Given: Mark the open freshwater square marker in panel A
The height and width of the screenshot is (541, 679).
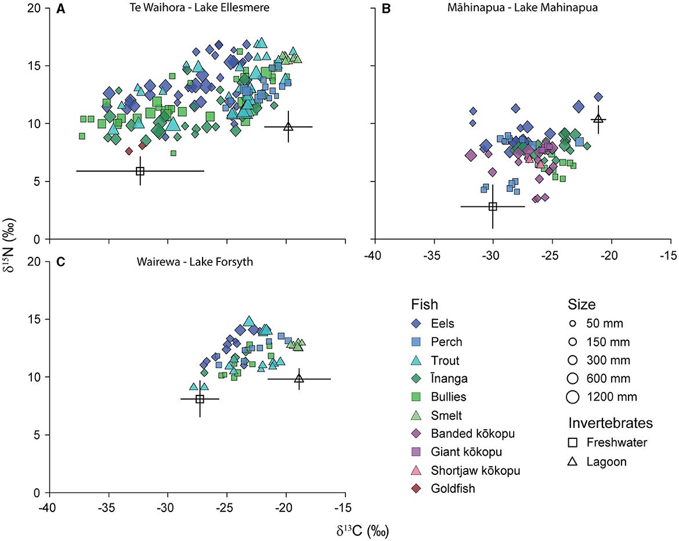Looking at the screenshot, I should [x=140, y=171].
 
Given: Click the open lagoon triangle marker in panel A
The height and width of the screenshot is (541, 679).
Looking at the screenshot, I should [x=288, y=127].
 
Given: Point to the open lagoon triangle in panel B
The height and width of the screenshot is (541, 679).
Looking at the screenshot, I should [x=599, y=119].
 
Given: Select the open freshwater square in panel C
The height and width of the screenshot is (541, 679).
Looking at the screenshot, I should [x=200, y=399].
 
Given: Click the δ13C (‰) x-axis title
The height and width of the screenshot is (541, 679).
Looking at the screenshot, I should [x=359, y=529].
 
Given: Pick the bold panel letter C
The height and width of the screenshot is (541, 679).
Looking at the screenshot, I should [x=59, y=262].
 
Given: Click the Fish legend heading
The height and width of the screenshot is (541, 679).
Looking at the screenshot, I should [x=425, y=304].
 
